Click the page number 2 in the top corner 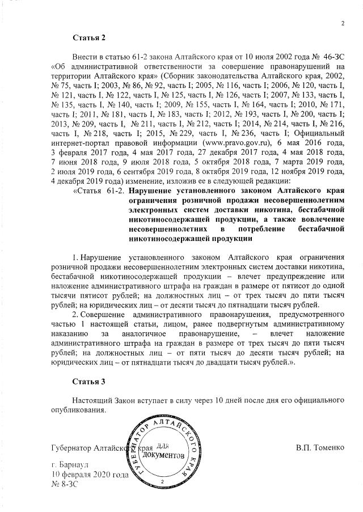pos(343,23)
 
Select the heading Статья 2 pos(89,37)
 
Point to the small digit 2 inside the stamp pos(162,481)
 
